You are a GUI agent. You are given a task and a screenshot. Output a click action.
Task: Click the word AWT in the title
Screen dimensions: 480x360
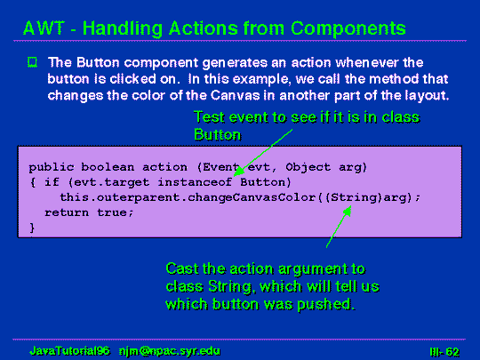click(x=44, y=28)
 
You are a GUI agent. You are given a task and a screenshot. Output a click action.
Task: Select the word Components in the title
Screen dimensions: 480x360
click(x=348, y=29)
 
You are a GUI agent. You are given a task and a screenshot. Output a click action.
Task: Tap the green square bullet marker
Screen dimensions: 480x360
click(x=32, y=62)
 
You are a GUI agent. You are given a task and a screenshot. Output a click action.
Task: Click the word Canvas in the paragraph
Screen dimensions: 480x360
click(x=235, y=95)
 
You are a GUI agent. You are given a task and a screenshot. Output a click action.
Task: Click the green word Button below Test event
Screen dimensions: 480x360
click(x=218, y=134)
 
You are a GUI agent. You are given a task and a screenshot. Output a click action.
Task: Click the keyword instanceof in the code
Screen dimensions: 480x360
click(x=195, y=182)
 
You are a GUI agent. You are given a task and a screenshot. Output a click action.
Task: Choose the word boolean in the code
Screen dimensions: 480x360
click(x=108, y=167)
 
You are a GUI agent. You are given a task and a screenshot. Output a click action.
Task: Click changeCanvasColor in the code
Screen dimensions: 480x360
click(x=252, y=197)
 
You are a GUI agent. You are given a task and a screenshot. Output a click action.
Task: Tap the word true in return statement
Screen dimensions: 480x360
click(x=115, y=212)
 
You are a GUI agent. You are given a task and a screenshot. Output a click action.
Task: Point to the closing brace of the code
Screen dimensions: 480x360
click(x=32, y=228)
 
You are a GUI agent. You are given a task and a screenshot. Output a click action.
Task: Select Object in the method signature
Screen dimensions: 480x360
click(x=308, y=167)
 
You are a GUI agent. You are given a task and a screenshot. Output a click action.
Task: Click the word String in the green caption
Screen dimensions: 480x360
click(x=232, y=287)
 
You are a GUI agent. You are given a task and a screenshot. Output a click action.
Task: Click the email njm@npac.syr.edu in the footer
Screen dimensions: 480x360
click(x=170, y=351)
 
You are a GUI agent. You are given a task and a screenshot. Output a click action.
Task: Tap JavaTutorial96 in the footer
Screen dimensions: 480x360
click(x=69, y=351)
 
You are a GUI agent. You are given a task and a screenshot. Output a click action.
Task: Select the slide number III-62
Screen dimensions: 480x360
click(x=444, y=352)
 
